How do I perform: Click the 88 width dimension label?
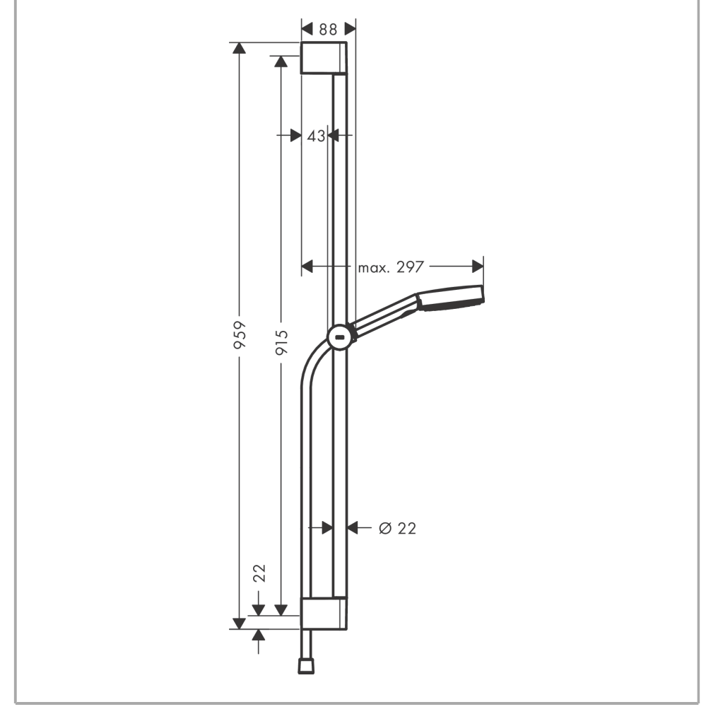328,29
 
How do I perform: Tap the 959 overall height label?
240,335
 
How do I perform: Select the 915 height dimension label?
281,342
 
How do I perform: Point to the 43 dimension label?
316,136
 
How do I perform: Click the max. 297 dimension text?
391,267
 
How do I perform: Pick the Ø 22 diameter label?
397,528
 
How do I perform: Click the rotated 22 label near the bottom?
259,573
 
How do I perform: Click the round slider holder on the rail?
340,337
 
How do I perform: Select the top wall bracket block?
323,58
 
